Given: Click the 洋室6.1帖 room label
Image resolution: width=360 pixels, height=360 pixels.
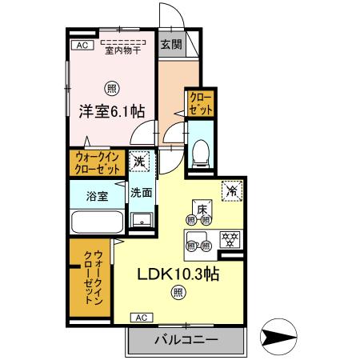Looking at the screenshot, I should pyautogui.click(x=111, y=113).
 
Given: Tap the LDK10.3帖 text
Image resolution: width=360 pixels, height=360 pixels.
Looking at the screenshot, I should pyautogui.click(x=178, y=274).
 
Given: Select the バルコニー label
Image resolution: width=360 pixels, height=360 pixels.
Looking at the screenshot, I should pyautogui.click(x=186, y=340).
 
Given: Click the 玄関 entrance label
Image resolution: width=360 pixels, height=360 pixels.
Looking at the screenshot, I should pyautogui.click(x=170, y=45).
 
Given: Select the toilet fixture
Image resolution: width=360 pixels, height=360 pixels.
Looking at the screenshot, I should pyautogui.click(x=202, y=150).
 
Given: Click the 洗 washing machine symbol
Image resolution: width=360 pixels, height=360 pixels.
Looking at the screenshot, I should pyautogui.click(x=140, y=162).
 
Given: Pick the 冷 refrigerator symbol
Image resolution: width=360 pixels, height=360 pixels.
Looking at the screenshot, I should pyautogui.click(x=230, y=192).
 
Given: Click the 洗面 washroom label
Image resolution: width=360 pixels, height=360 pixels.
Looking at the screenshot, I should pyautogui.click(x=141, y=193).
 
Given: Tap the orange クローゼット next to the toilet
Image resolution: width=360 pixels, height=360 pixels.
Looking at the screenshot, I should pyautogui.click(x=197, y=103).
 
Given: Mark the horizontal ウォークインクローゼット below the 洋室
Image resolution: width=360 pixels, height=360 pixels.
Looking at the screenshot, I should pyautogui.click(x=98, y=163).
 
